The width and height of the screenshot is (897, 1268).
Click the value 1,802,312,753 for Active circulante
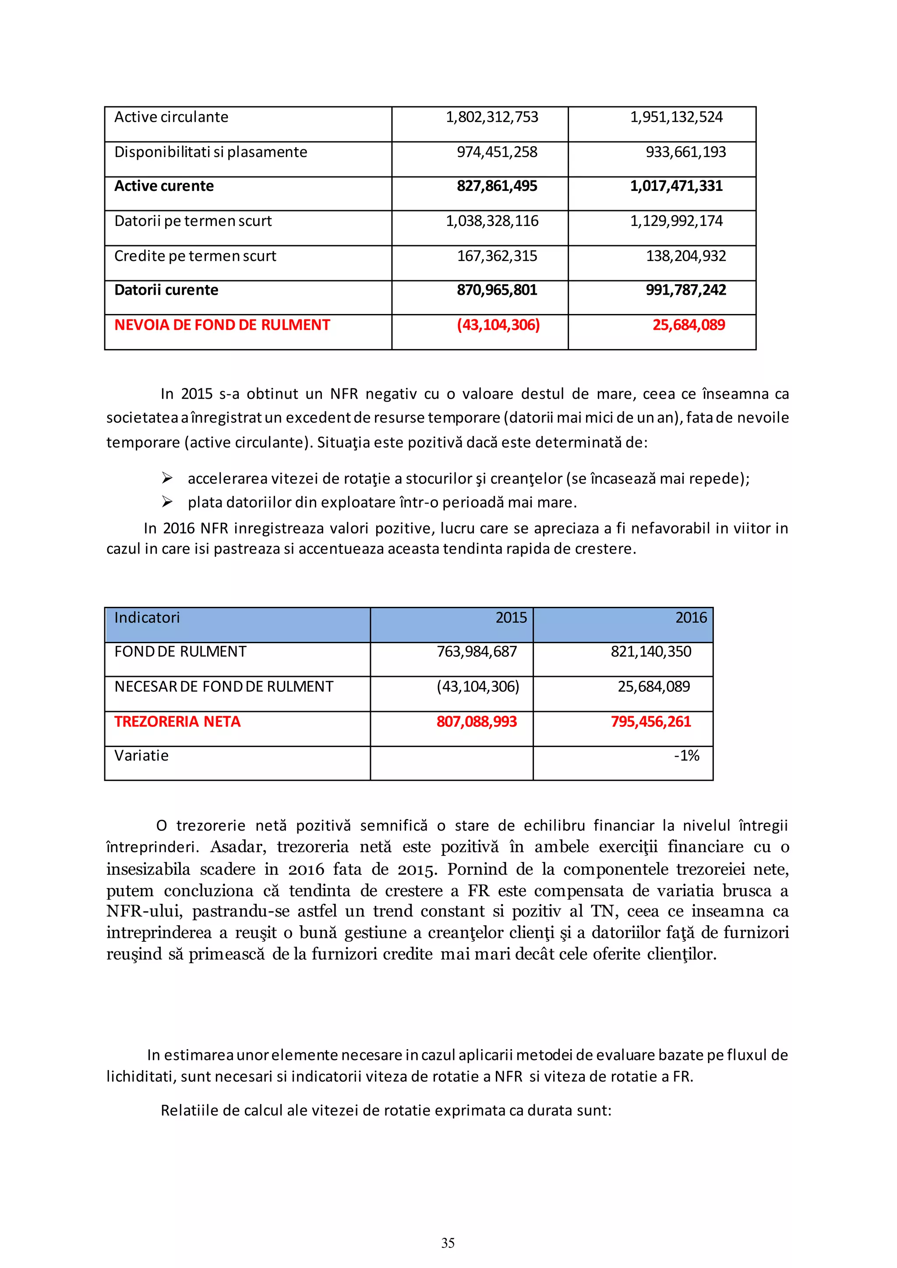[491, 117]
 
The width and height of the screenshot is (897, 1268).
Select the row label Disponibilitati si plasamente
[210, 152]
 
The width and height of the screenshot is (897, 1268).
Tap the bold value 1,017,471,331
[676, 186]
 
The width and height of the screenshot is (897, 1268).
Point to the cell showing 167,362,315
[497, 256]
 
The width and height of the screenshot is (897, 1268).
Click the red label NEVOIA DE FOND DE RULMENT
[222, 325]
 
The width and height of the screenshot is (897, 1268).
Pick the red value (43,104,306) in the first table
[498, 325]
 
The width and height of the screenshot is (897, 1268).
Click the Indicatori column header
[147, 617]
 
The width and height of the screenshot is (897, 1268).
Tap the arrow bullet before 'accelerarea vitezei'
[167, 478]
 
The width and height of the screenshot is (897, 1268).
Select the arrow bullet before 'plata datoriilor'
[167, 502]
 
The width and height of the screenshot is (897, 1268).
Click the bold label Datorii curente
[166, 290]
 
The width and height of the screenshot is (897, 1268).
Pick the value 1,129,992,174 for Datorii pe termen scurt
[676, 221]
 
